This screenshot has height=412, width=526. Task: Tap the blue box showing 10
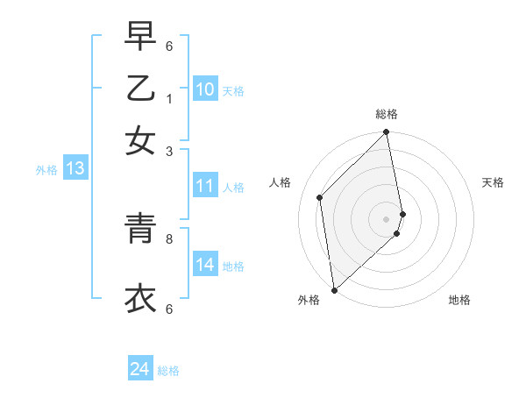pyautogui.click(x=205, y=89)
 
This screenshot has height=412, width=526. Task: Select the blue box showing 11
pyautogui.click(x=205, y=186)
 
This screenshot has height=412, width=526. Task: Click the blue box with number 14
pyautogui.click(x=205, y=265)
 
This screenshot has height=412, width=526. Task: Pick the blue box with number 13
pyautogui.click(x=75, y=169)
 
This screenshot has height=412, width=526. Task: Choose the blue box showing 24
pyautogui.click(x=139, y=370)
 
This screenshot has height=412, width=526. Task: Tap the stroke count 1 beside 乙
pyautogui.click(x=169, y=98)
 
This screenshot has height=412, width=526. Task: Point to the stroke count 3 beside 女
pyautogui.click(x=169, y=151)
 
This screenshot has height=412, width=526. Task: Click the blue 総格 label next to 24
pyautogui.click(x=168, y=371)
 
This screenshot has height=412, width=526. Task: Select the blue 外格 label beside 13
pyautogui.click(x=46, y=170)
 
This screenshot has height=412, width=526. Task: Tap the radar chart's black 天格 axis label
pyautogui.click(x=493, y=182)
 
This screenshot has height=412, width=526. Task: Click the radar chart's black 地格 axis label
pyautogui.click(x=459, y=300)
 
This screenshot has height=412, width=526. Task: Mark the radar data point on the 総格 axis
pyautogui.click(x=387, y=133)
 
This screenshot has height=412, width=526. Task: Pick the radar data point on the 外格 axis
pyautogui.click(x=334, y=290)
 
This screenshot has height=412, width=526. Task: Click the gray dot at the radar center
pyautogui.click(x=387, y=218)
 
